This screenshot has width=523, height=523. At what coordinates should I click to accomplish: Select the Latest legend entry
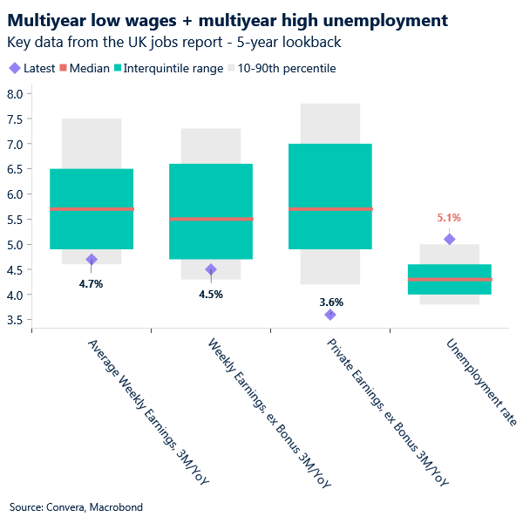(x=32, y=68)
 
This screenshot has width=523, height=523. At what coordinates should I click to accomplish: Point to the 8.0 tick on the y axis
(x=14, y=94)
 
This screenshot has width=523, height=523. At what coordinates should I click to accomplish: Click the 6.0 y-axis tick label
(x=14, y=194)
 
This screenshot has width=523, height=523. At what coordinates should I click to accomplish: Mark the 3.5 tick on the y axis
(x=14, y=320)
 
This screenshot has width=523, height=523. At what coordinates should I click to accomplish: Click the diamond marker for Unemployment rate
(x=449, y=239)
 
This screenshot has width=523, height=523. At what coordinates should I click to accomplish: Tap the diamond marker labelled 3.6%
(x=330, y=315)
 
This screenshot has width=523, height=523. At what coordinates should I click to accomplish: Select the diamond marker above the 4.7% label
(x=92, y=259)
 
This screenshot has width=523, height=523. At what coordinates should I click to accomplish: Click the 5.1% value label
(x=449, y=218)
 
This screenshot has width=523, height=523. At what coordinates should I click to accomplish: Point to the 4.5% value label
(x=211, y=294)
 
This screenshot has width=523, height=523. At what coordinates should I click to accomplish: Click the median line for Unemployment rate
(x=449, y=279)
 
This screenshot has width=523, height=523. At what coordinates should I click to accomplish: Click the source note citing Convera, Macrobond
(x=76, y=506)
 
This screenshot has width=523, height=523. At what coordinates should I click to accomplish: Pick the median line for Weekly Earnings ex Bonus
(x=211, y=219)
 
